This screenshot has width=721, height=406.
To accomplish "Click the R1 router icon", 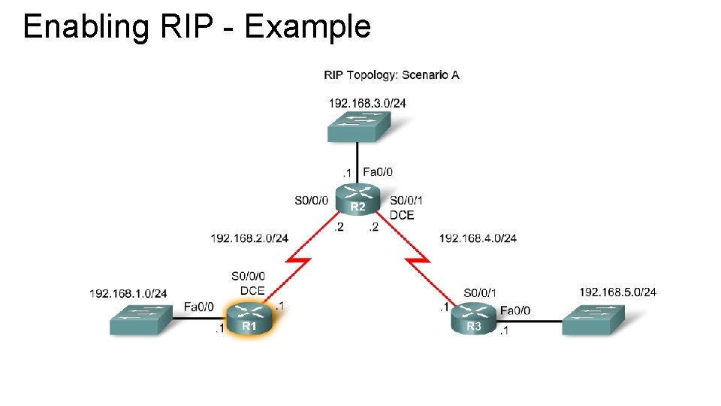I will coord(249,318).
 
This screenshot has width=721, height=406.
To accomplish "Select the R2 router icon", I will coord(358,200).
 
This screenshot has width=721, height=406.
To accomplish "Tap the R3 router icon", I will coord(474,318).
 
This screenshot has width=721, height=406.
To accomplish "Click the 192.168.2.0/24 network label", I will coord(249,238).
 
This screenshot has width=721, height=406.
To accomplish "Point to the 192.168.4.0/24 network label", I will coord(478,238).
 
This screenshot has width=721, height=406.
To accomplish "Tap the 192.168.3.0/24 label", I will coord(367,103).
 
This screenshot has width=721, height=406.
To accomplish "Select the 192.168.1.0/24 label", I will coord(128,293).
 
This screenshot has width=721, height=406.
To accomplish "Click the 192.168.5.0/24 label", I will coord(618,292).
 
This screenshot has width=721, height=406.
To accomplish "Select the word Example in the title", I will coord(308,27).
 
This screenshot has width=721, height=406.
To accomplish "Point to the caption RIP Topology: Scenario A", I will coord(391,74).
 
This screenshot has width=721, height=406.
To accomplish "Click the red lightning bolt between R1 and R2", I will coord(297,267).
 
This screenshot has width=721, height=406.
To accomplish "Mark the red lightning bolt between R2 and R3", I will coord(418,267).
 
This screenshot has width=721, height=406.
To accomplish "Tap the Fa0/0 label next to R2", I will coord(377,171).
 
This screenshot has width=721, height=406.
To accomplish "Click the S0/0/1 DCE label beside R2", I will coord(406,208).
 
